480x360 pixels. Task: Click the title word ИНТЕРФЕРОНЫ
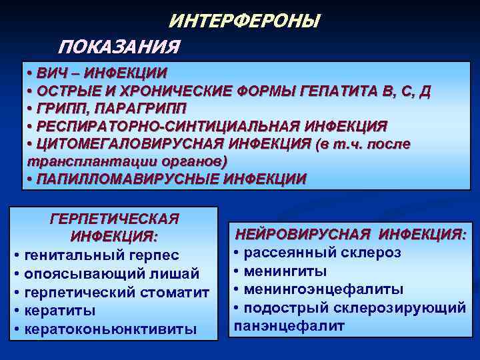[x=244, y=21]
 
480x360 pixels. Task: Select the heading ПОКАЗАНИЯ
[x=119, y=47]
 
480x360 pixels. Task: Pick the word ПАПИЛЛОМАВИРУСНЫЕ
[x=127, y=179]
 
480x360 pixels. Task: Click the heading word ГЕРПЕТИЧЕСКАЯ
[x=115, y=219]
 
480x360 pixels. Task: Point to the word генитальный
[x=69, y=255]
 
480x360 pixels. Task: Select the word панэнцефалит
[x=289, y=326]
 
